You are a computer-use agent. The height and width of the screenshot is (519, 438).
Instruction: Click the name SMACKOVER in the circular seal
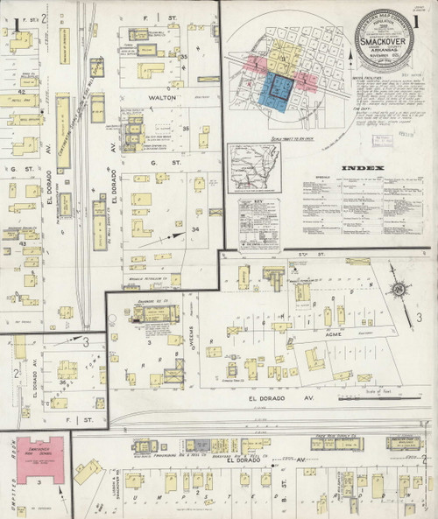point(384,40)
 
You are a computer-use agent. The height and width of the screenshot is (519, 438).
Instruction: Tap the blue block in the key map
point(274,90)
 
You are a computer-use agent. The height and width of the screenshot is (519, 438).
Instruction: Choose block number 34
point(196,229)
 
